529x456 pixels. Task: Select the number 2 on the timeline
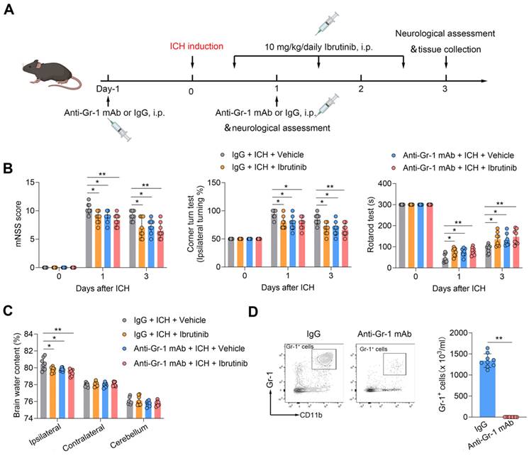tap(361, 89)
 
